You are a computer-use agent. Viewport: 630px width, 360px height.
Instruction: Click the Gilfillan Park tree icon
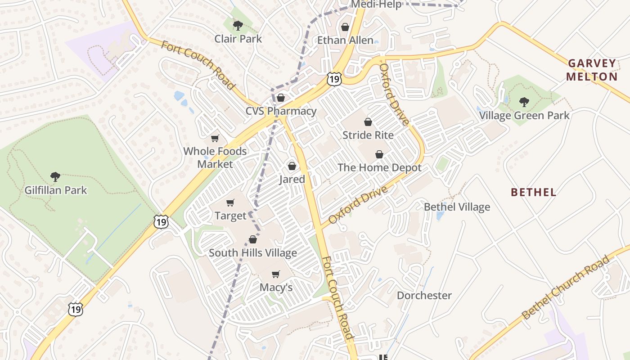coord(55,176)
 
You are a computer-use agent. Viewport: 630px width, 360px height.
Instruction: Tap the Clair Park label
coord(238,39)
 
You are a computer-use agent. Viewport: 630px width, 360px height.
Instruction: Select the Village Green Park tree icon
coord(524,102)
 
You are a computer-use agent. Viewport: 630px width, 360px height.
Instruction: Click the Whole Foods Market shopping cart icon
coord(215,138)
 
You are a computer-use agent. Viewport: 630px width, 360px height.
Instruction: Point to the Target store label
coord(230,216)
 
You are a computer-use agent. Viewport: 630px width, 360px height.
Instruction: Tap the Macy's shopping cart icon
coord(276,274)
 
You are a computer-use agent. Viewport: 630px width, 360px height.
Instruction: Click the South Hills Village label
coord(252,252)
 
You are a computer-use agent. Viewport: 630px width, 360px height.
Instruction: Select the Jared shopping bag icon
coord(292,166)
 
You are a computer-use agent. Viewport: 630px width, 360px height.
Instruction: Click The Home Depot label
coord(379,168)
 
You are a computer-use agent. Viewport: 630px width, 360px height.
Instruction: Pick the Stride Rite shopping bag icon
coord(368,121)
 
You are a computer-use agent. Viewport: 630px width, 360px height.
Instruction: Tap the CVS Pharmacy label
coord(281,111)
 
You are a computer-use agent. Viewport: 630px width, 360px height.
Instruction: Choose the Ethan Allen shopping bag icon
coord(345,27)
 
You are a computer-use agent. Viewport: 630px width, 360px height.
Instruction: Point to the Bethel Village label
coord(457,207)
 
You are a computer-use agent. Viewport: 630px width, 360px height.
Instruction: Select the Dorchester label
coord(424,295)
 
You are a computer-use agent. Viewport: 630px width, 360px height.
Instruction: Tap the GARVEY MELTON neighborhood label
coord(592,70)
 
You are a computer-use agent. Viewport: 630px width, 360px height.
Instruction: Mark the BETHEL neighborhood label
coord(533,193)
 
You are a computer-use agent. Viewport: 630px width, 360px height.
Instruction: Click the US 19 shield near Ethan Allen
coord(334,79)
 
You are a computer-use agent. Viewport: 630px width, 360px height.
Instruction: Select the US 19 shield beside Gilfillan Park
coord(161,221)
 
